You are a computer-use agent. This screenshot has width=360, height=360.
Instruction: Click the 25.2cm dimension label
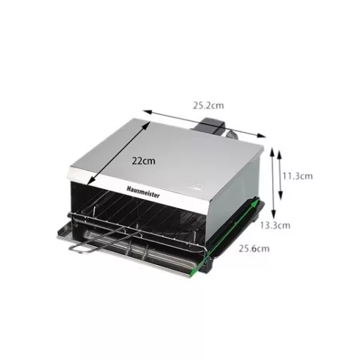click(208, 105)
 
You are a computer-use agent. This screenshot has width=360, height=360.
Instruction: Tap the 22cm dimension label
click(143, 161)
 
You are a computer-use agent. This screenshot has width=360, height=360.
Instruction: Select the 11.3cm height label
click(297, 176)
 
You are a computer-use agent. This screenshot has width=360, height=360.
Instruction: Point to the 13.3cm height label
click(275, 226)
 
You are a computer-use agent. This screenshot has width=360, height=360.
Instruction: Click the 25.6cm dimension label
click(254, 248)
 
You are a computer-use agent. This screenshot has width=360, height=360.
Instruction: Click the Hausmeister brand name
click(143, 192)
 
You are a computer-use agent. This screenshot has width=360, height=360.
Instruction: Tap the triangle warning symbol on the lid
click(198, 185)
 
